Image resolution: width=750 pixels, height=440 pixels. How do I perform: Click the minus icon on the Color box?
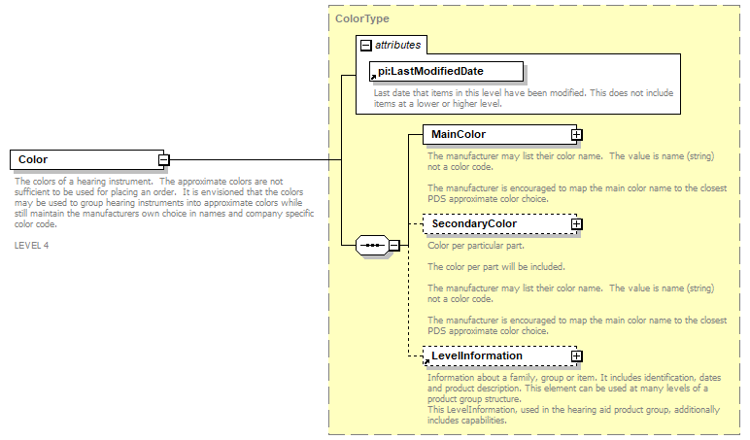point(164,160)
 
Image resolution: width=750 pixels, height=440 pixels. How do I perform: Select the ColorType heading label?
point(362,18)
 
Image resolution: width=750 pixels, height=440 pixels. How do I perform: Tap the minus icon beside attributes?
point(365,45)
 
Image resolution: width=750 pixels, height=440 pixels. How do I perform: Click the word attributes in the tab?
point(398,45)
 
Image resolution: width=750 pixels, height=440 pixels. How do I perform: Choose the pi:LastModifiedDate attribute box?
point(447,71)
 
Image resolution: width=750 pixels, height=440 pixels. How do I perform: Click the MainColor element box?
point(495,134)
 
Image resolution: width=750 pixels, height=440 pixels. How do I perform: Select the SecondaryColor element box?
point(495,224)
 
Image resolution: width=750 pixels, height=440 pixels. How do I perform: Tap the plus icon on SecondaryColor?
point(576,224)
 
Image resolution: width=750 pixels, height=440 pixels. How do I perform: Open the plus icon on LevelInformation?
point(576,356)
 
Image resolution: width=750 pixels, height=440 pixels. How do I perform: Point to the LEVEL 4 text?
point(32,245)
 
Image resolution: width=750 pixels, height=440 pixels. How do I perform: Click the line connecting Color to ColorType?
point(253,160)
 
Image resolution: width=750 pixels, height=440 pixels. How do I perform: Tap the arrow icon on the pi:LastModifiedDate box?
point(374,76)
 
